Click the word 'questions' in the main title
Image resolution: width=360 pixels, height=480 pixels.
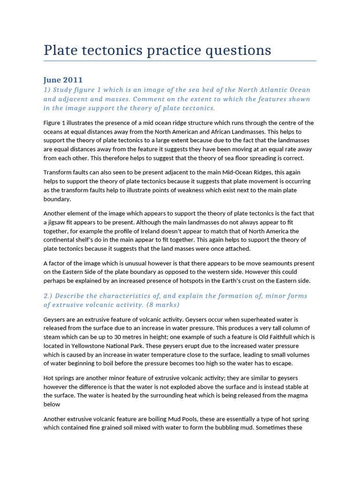[236, 50]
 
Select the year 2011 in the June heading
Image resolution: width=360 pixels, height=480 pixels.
[74, 80]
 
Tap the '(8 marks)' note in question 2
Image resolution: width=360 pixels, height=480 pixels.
[159, 305]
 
